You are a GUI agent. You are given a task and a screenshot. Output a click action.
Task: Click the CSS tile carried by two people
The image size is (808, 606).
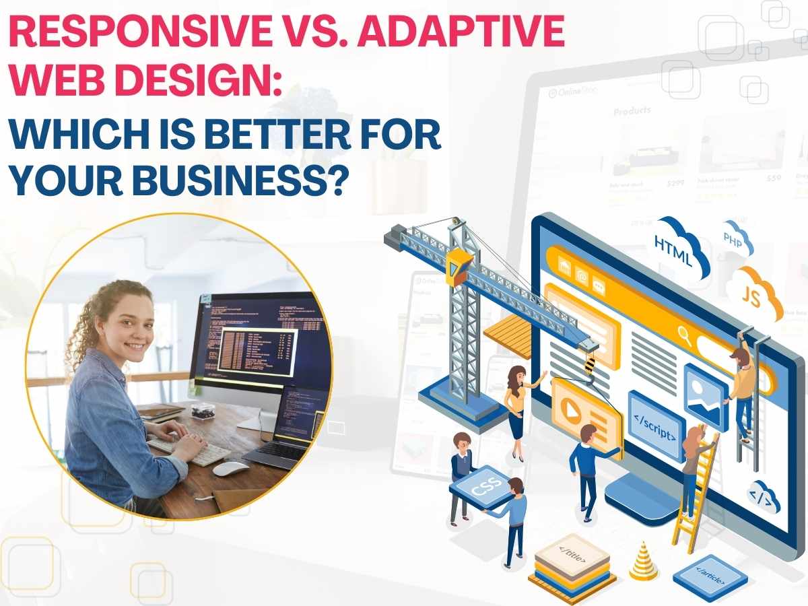pyautogui.click(x=479, y=489)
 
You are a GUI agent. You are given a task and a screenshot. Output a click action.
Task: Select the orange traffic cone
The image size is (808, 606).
pyautogui.click(x=644, y=562)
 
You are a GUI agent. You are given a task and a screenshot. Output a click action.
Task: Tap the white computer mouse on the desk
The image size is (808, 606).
pyautogui.click(x=231, y=467)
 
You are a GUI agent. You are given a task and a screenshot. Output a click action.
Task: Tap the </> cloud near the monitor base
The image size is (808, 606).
pyautogui.click(x=765, y=496)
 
